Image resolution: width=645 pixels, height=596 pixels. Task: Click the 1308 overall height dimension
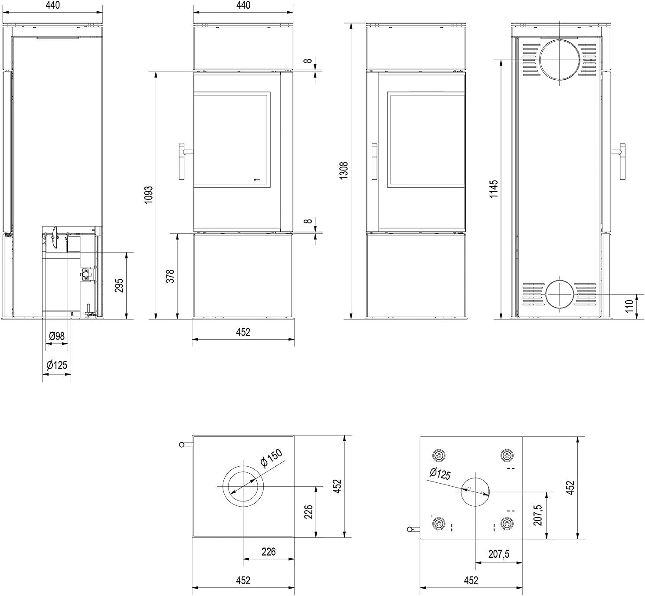[343, 170]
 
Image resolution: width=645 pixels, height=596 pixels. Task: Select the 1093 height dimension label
[148, 195]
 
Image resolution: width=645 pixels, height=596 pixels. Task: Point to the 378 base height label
[170, 276]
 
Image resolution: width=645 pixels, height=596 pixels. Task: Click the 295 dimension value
[119, 285]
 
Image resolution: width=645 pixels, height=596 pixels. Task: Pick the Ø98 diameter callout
[57, 336]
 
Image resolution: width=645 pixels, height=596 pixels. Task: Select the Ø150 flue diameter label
[271, 458]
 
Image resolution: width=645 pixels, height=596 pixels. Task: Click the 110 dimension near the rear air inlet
[629, 306]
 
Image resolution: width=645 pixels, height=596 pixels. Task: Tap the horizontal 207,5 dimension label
[499, 554]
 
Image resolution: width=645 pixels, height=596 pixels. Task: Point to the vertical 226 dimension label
[308, 512]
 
